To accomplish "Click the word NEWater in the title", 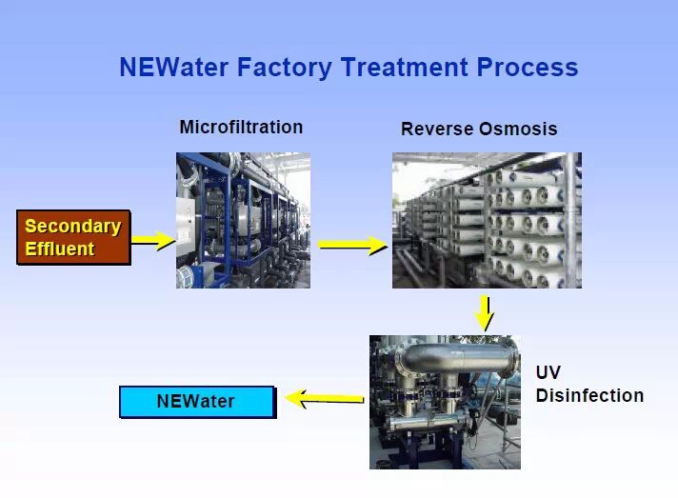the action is pos(174,67).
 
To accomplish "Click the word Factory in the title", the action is pos(285,69).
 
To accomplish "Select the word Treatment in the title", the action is pos(405,67).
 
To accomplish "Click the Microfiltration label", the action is pos(241,127).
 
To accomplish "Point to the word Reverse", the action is pos(436,129).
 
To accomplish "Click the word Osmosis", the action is pos(518,129).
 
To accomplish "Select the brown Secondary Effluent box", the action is pos(73,237).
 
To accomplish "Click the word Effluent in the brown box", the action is pos(60,249).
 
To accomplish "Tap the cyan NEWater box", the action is pos(197,402).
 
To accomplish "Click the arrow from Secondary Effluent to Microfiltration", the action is pos(153,240).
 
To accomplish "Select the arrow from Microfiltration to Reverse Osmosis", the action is pos(353,245).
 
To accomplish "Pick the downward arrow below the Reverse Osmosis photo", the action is pos(485,313).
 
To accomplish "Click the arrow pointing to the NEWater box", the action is pos(325,398).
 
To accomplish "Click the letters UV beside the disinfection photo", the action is pos(548,372).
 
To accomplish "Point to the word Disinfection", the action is pos(589,395).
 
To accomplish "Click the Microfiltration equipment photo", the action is pos(243,220).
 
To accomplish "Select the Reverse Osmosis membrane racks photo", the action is pos(487,220).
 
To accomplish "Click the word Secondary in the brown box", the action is pos(73,227).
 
